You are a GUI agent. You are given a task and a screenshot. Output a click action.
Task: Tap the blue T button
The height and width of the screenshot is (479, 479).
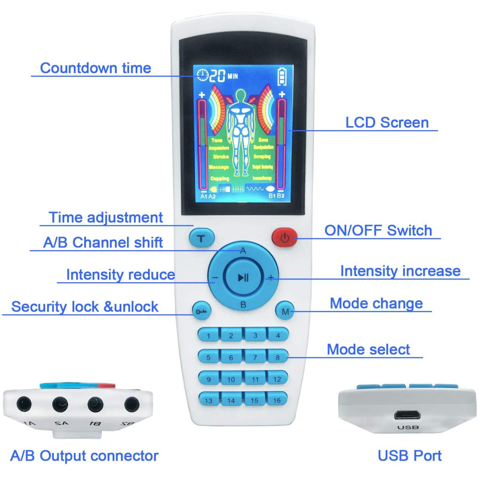click(x=202, y=239)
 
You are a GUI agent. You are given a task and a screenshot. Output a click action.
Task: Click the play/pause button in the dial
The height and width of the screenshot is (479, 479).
click(x=243, y=277)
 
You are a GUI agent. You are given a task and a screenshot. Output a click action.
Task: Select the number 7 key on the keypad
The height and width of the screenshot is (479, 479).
click(x=255, y=357)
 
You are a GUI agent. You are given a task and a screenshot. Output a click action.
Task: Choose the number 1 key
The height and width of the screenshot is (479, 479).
click(x=208, y=335)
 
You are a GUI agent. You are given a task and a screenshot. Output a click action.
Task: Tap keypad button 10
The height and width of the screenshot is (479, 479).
click(x=231, y=379)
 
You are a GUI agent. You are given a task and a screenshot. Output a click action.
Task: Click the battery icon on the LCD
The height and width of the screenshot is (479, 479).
click(x=282, y=76)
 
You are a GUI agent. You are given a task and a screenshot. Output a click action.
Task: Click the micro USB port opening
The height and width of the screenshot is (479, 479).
click(x=407, y=415)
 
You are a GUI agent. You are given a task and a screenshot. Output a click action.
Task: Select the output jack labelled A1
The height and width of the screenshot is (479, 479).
click(x=24, y=404)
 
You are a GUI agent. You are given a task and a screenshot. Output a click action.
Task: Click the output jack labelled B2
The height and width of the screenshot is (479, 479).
click(x=132, y=405)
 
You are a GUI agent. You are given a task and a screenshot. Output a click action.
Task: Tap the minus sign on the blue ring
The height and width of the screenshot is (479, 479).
click(x=215, y=277)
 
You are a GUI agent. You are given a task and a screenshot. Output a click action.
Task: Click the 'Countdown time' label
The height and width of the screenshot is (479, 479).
click(x=96, y=68)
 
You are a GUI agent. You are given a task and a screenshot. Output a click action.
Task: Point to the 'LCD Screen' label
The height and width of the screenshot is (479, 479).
click(x=387, y=123)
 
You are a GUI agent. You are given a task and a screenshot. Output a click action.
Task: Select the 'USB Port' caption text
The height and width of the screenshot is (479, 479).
click(x=410, y=455)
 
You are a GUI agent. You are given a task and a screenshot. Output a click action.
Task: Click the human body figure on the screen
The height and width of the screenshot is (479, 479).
click(x=240, y=132)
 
